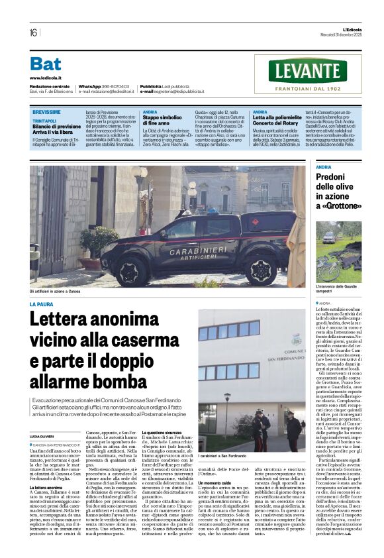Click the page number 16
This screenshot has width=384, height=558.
coord(33,32)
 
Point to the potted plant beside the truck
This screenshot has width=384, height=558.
coord(99,244)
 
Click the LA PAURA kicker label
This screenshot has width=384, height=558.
coord(41,304)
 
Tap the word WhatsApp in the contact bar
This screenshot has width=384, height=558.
coord(89,87)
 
